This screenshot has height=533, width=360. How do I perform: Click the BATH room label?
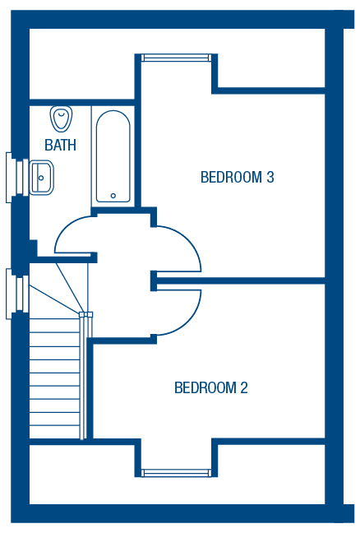coord(60,145)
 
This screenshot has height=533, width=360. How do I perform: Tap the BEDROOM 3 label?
coord(237,177)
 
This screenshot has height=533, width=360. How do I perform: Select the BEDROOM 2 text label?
coord(211,388)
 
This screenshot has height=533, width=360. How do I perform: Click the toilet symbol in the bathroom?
coord(62,118)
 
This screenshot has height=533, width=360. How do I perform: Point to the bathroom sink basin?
coord(41,178)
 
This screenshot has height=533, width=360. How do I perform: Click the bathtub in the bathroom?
coord(113,157)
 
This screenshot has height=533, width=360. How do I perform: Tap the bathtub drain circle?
coord(113,196)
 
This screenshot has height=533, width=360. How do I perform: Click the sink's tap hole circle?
coord(41,178)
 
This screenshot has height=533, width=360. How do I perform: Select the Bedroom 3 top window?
coord(175,58)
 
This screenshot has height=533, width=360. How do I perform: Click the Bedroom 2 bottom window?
coord(175,473)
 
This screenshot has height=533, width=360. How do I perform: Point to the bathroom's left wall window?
coord(17,178)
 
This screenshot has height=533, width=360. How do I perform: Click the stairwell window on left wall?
coord(17,294)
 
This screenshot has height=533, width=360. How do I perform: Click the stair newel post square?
coord(85,315)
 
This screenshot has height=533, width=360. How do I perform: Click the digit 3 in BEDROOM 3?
coord(270,177)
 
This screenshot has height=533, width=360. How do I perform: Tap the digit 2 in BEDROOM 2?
coord(244,388)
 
